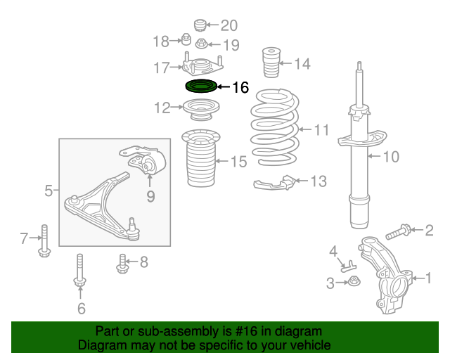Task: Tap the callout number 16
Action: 240,87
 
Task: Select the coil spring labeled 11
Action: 275,127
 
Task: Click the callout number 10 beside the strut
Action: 391,157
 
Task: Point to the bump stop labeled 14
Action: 271,63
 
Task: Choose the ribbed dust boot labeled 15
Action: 201,158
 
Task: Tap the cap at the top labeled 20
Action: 200,25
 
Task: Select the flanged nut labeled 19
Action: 202,44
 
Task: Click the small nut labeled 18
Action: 186,39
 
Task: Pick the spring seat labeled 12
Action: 201,110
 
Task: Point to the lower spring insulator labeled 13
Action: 274,183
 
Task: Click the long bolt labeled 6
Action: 80,270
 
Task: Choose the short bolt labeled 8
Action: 122,264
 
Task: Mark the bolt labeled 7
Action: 44,240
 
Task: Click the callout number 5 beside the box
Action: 49,191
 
